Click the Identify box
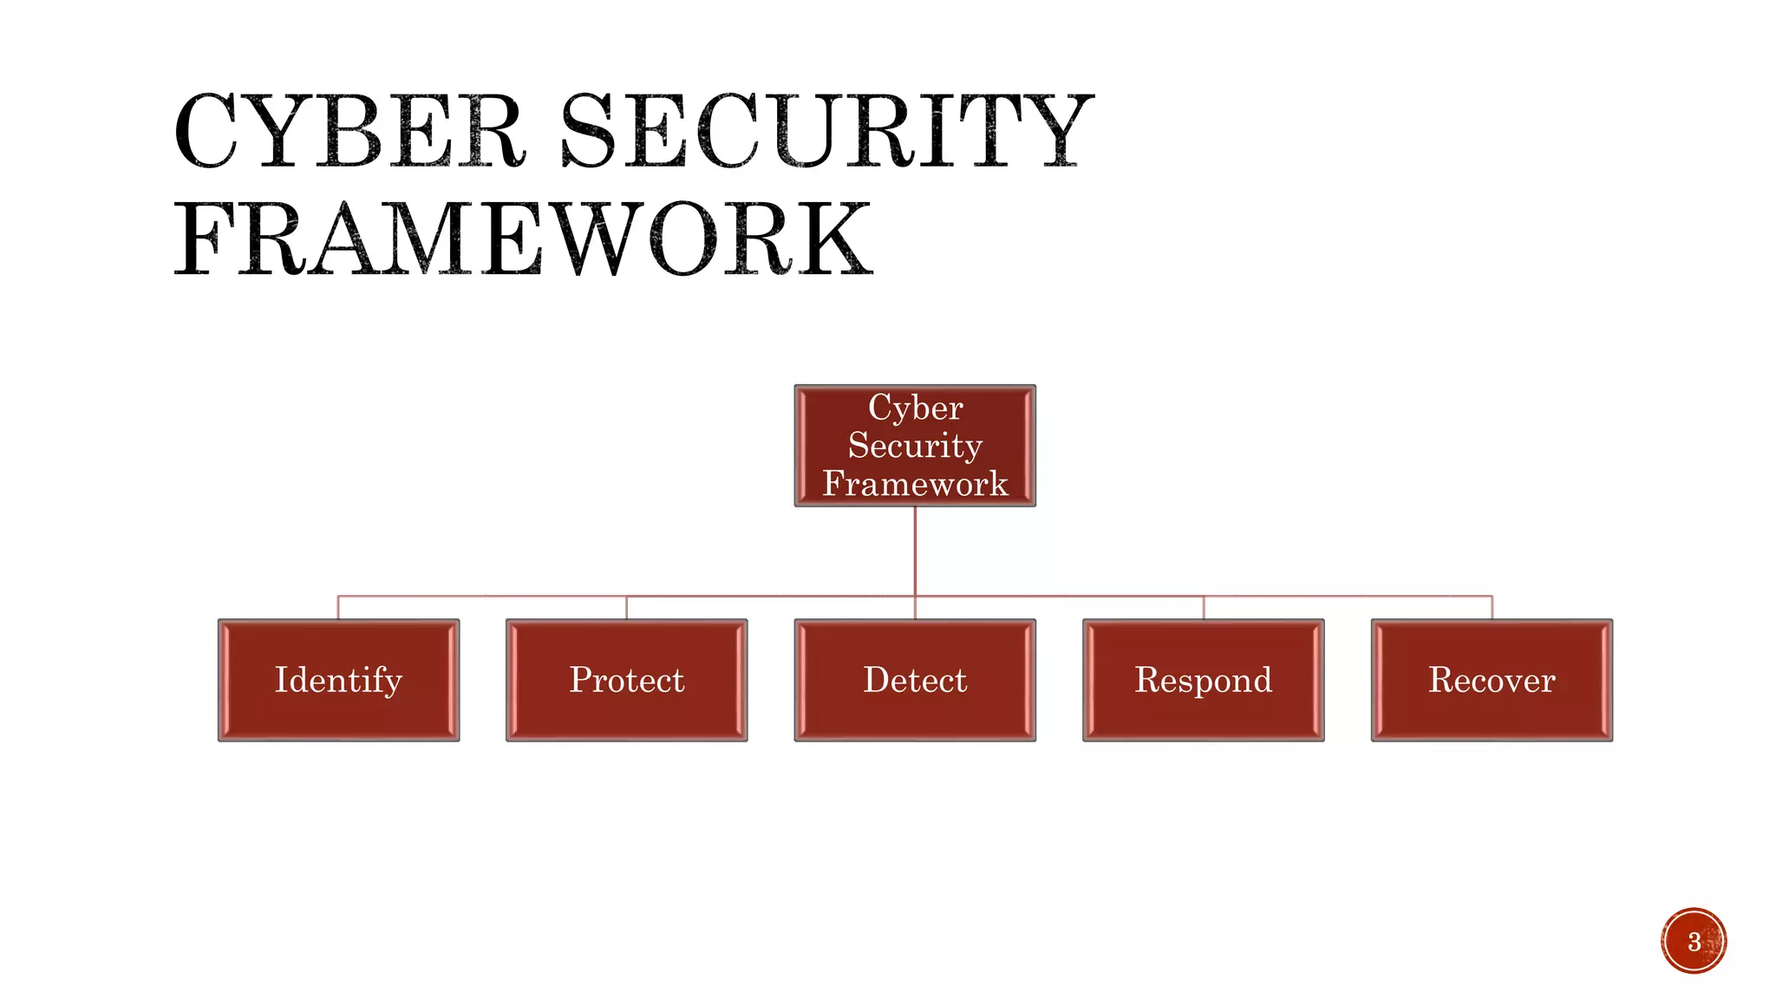pyautogui.click(x=338, y=680)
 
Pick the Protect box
pyautogui.click(x=627, y=680)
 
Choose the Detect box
pyautogui.click(x=915, y=680)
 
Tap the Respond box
pyautogui.click(x=1204, y=680)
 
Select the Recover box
pyautogui.click(x=1492, y=680)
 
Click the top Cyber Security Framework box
pyautogui.click(x=915, y=446)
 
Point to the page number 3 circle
pyautogui.click(x=1694, y=941)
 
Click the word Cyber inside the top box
pyautogui.click(x=916, y=408)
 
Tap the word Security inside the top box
pyautogui.click(x=915, y=446)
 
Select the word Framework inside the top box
pyautogui.click(x=915, y=484)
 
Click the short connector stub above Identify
pyautogui.click(x=338, y=607)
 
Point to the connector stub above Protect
pyautogui.click(x=627, y=607)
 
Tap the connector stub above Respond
pyautogui.click(x=1204, y=607)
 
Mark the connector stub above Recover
pyautogui.click(x=1492, y=607)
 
